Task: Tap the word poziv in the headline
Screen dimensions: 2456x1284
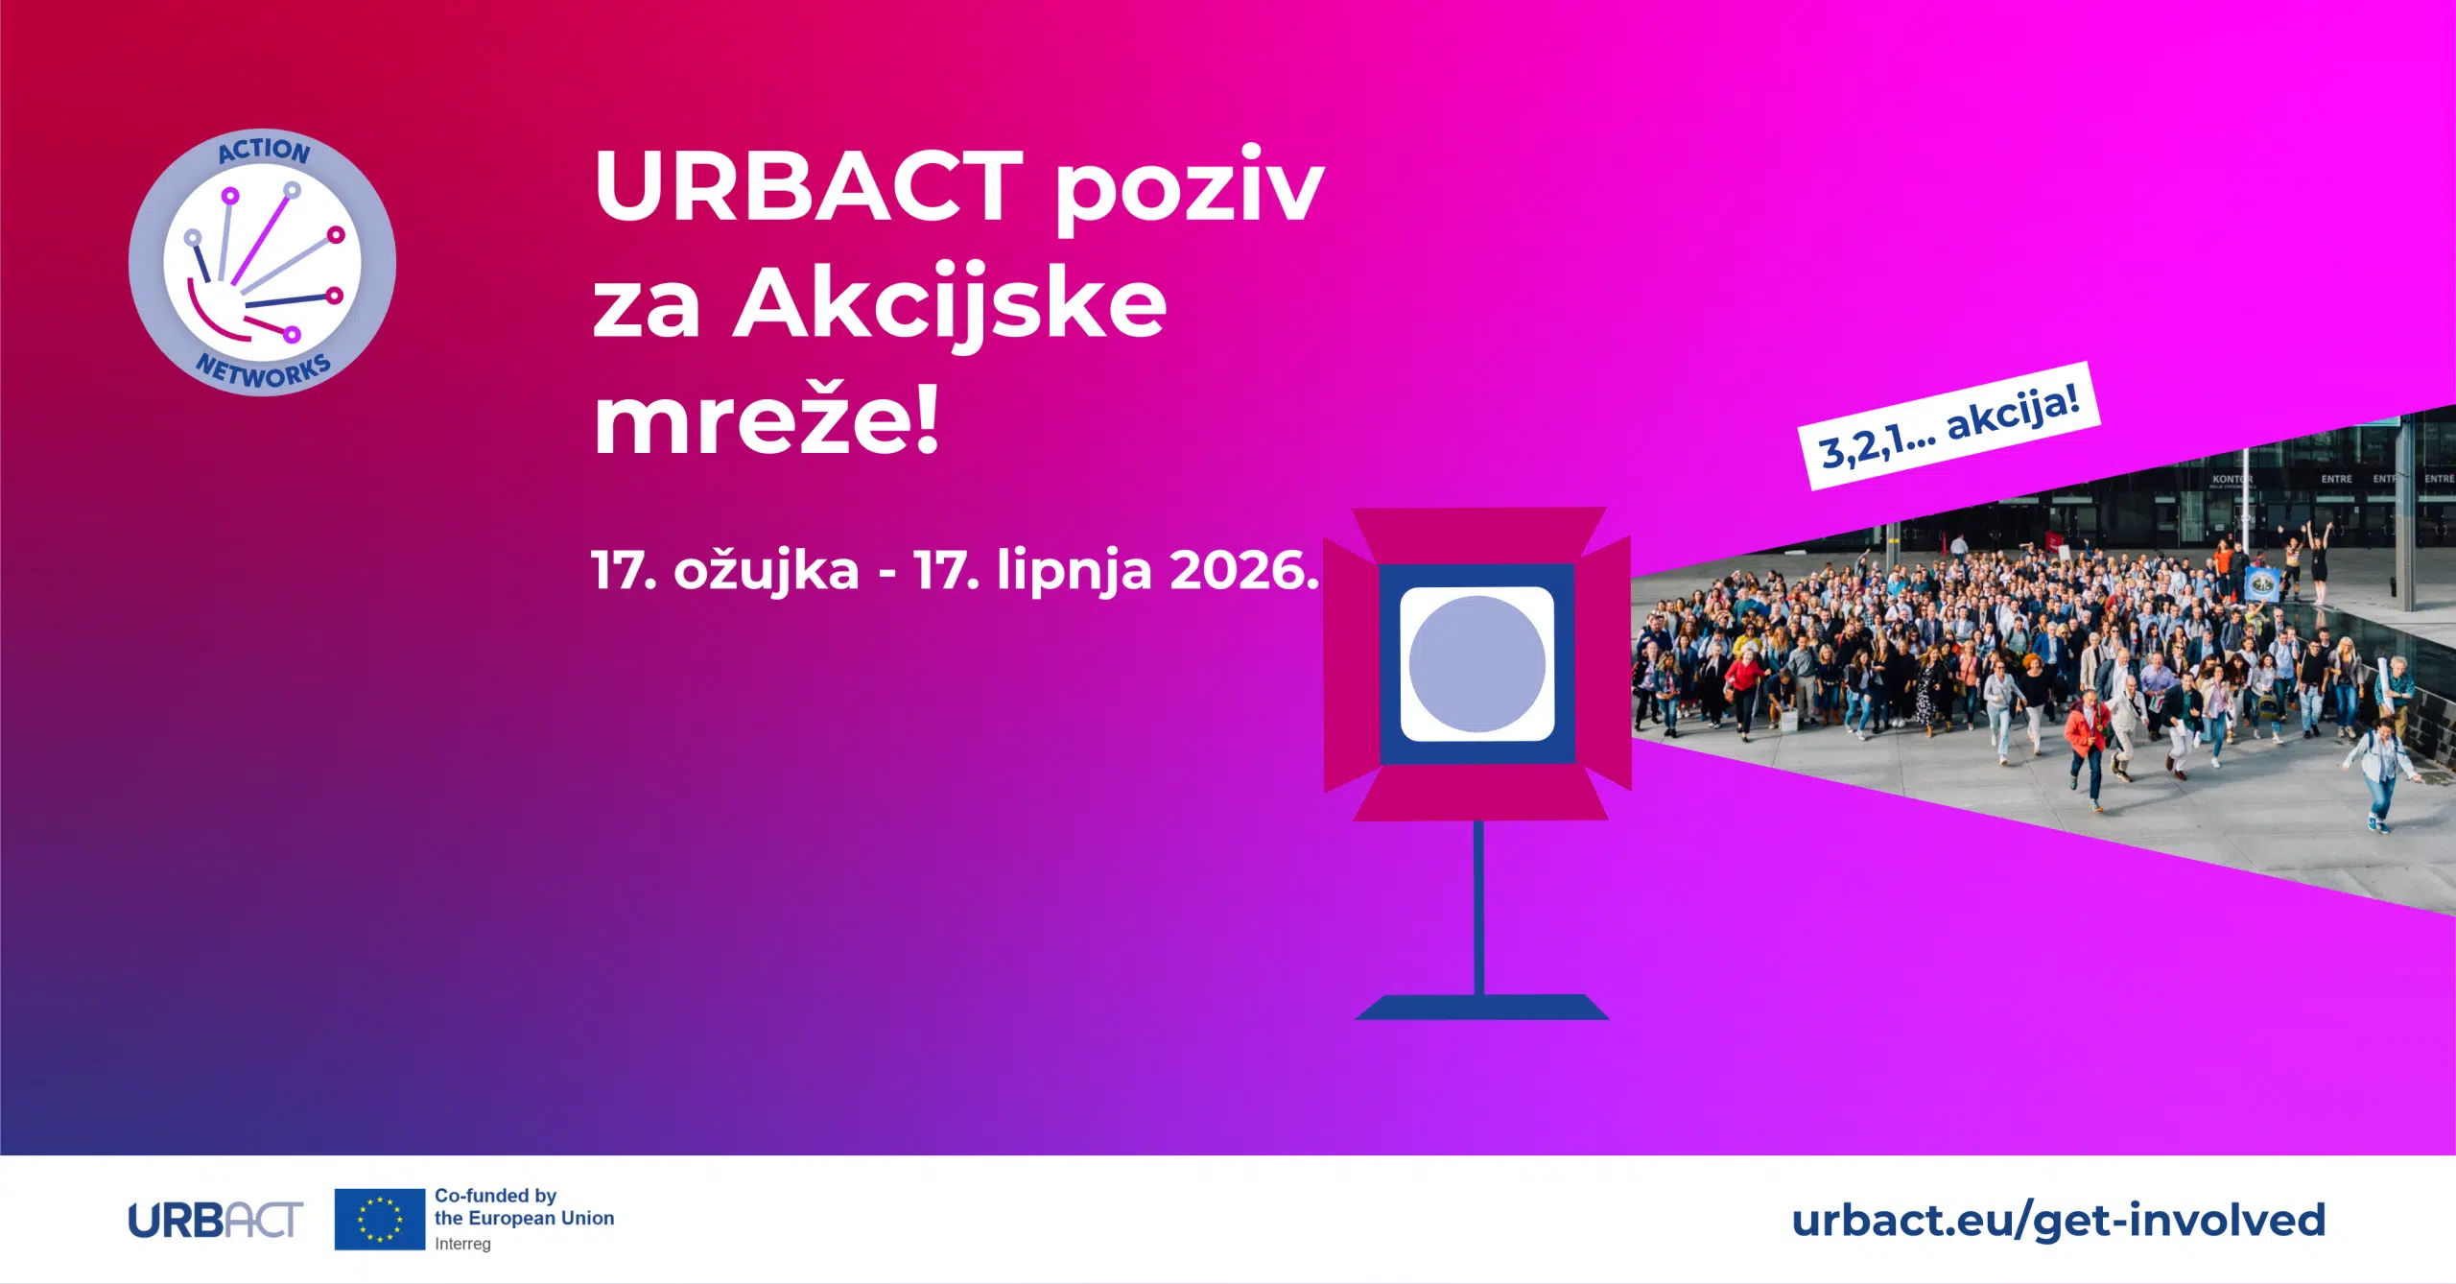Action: click(1189, 189)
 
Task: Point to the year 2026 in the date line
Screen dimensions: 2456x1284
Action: click(1244, 570)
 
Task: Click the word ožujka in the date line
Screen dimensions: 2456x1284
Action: click(767, 572)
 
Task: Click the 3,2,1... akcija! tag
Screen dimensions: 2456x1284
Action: click(1948, 426)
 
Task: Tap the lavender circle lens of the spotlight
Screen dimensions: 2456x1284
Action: click(1476, 664)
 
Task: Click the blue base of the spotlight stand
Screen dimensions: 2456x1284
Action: click(1481, 1007)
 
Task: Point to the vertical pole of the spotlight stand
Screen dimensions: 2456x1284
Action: click(1478, 908)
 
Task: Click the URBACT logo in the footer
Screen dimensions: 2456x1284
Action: click(216, 1221)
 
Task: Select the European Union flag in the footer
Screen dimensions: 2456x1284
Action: click(379, 1219)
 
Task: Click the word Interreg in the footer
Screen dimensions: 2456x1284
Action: click(462, 1244)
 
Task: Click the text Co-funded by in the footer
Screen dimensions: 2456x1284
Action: click(495, 1196)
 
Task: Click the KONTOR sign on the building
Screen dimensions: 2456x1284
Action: click(2232, 479)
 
